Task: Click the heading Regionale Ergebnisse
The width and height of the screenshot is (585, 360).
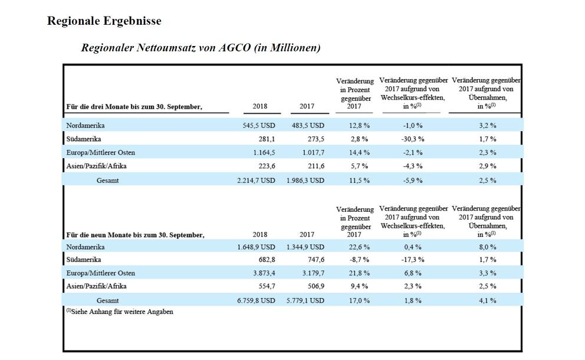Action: pos(104,21)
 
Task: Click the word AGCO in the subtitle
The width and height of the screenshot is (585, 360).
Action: pos(234,48)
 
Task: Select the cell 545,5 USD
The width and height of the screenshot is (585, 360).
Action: pos(259,126)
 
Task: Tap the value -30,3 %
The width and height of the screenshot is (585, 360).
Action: pos(413,139)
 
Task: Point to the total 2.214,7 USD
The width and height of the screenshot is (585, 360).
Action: pos(257,181)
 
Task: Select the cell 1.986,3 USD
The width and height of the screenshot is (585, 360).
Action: pos(305,181)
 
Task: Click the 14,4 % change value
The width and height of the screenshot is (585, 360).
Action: pos(359,152)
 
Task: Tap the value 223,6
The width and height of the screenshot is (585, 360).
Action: pos(267,166)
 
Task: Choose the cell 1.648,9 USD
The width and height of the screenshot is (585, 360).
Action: pos(257,247)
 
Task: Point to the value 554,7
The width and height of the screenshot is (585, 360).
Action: pos(267,286)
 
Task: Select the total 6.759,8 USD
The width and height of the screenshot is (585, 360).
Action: pos(257,300)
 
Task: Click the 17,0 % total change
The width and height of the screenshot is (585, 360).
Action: pos(359,300)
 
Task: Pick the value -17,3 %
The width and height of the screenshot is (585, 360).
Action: pos(413,260)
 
